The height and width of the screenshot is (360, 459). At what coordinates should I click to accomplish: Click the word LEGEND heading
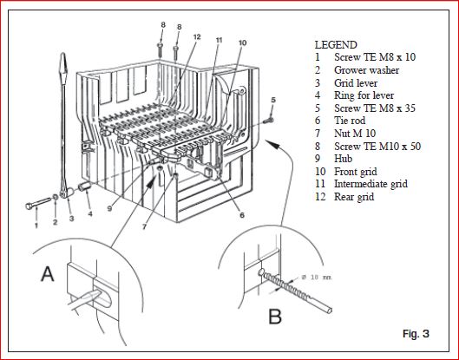pyautogui.click(x=336, y=45)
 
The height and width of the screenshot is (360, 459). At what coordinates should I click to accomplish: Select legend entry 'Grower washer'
pyautogui.click(x=366, y=70)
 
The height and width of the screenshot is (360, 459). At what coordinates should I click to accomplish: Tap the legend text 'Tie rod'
pyautogui.click(x=350, y=121)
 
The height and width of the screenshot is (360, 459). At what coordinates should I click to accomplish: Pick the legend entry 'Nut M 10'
pyautogui.click(x=355, y=134)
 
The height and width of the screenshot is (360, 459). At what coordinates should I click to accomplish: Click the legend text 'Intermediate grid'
pyautogui.click(x=370, y=184)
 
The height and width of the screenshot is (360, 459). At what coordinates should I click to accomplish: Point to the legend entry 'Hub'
pyautogui.click(x=343, y=159)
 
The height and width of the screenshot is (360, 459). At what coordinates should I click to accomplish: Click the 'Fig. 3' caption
pyautogui.click(x=416, y=333)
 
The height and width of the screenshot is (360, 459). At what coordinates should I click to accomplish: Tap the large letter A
pyautogui.click(x=48, y=273)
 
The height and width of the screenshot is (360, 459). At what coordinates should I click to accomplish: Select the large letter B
pyautogui.click(x=275, y=317)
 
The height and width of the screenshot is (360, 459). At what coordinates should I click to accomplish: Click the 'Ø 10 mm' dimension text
pyautogui.click(x=317, y=277)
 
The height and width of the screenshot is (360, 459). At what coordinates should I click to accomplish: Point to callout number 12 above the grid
pyautogui.click(x=197, y=37)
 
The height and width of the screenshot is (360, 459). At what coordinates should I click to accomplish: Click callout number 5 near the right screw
pyautogui.click(x=273, y=100)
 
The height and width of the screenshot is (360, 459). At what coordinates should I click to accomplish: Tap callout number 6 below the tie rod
pyautogui.click(x=242, y=215)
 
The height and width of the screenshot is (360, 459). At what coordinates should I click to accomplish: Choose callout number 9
pyautogui.click(x=110, y=209)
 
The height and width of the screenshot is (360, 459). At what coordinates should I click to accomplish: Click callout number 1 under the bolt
pyautogui.click(x=36, y=226)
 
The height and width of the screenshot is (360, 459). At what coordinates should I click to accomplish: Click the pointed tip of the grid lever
pyautogui.click(x=63, y=53)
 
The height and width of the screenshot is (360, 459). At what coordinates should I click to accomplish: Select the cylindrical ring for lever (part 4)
pyautogui.click(x=85, y=187)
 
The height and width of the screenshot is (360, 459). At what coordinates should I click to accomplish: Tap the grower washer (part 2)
pyautogui.click(x=55, y=197)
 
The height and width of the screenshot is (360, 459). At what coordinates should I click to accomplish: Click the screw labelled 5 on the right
pyautogui.click(x=268, y=120)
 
